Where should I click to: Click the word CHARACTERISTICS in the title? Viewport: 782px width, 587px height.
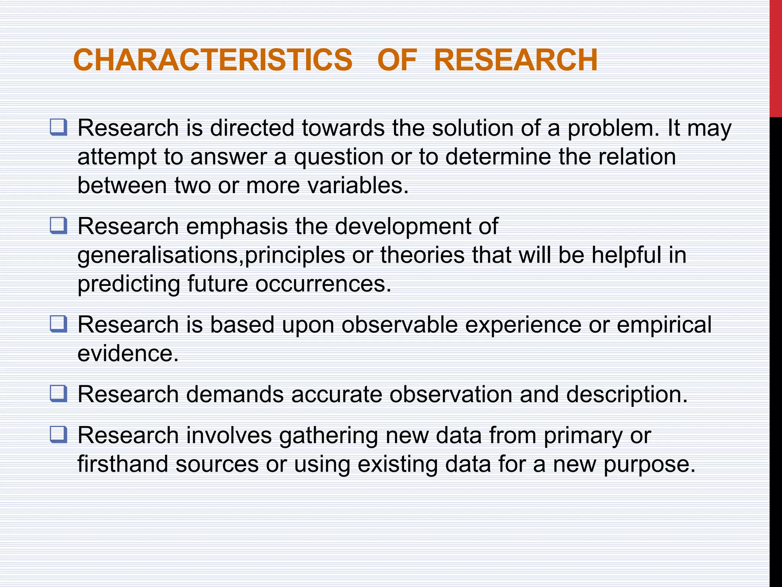pos(213,60)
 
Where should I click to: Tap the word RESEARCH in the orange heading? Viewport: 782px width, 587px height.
pos(515,60)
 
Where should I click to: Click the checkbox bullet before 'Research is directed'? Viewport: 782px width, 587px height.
pos(58,127)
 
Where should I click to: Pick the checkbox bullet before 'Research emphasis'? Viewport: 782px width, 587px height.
pos(58,225)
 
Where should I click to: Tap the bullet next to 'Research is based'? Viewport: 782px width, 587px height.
pos(58,324)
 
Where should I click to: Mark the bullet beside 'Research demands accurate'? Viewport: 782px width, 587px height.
pos(58,394)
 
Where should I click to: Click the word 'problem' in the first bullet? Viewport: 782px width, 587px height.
pos(612,128)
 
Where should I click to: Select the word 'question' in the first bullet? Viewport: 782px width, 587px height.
pos(338,157)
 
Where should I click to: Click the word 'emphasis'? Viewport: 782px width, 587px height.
pos(237,226)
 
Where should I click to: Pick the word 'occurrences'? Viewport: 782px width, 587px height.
pos(323,284)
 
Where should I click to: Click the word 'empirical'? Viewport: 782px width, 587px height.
pos(664,325)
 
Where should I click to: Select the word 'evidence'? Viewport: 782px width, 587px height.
pos(128,353)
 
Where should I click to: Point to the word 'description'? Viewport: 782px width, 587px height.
pos(626,394)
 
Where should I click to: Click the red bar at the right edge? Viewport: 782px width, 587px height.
pos(776,57)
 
